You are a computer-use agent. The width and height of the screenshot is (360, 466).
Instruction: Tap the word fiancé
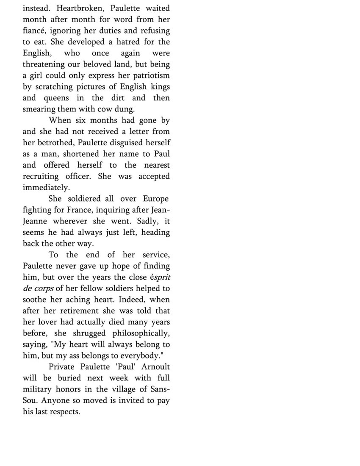pos(35,31)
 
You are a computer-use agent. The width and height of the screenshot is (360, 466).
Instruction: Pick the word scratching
pos(59,87)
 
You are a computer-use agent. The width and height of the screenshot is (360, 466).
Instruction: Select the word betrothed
pos(55,143)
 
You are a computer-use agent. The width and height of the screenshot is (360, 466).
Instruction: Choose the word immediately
pos(46,188)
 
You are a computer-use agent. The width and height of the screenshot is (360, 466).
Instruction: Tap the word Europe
pos(155,199)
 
